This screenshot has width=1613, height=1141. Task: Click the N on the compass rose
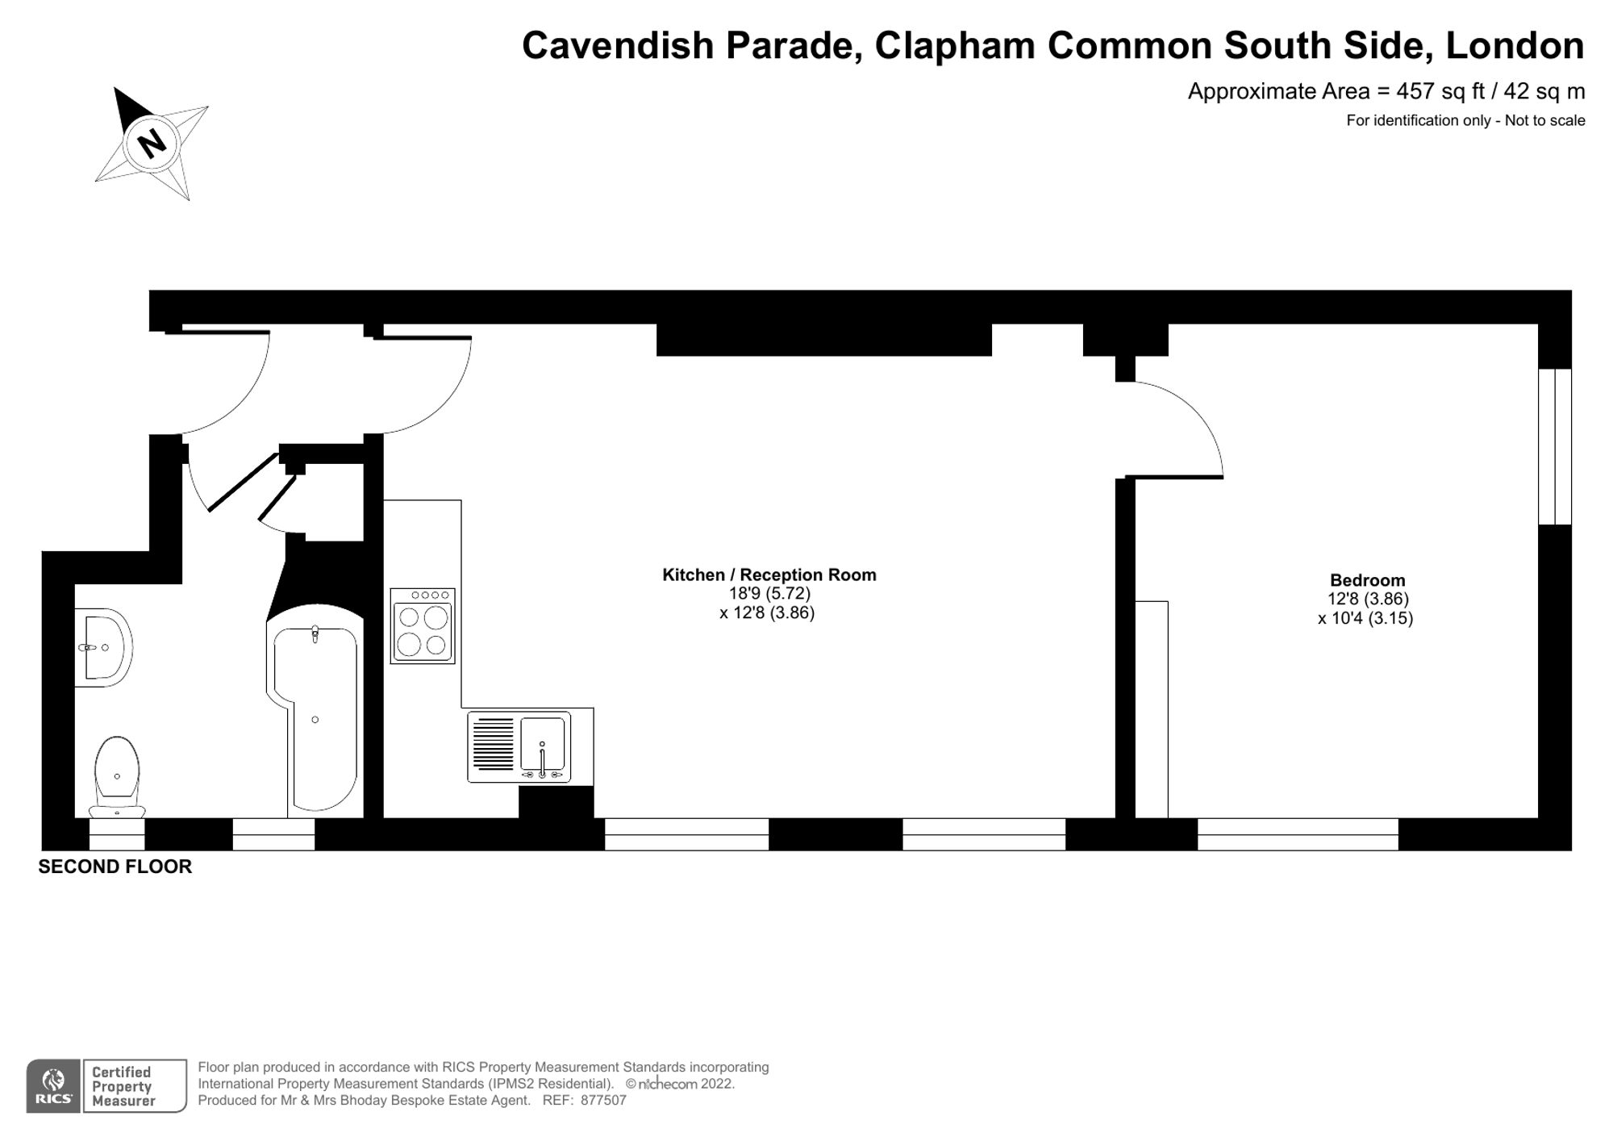152,144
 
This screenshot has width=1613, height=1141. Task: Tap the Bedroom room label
1367,580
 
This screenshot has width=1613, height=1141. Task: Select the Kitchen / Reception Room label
769,575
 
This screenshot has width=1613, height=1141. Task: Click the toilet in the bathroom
117,776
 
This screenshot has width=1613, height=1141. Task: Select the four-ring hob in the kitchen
423,626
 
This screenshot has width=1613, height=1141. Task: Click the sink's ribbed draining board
493,744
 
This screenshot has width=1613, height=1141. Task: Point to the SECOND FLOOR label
115,867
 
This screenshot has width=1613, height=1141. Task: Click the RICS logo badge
53,1086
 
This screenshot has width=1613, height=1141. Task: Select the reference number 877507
603,1100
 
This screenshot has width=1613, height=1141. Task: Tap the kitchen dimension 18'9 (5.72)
769,593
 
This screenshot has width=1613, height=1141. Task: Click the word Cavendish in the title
618,46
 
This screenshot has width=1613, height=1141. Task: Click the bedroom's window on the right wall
1555,447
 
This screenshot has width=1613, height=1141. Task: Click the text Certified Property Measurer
122,1086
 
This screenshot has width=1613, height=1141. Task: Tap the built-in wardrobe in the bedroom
1152,709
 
